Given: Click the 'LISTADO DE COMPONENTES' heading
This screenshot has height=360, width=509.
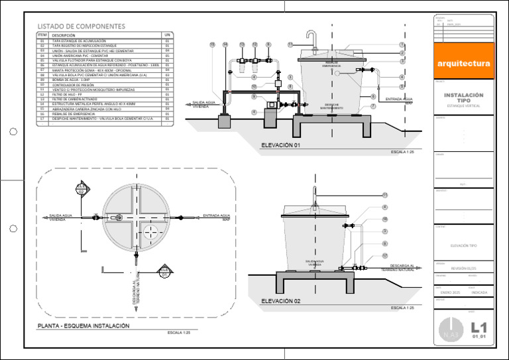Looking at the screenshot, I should pyautogui.click(x=80, y=27).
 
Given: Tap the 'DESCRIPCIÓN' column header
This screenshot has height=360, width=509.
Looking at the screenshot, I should pyautogui.click(x=64, y=35).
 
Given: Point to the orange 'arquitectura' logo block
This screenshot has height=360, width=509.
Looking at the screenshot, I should pyautogui.click(x=464, y=63).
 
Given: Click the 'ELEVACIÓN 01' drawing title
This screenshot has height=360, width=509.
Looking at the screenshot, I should pyautogui.click(x=281, y=145).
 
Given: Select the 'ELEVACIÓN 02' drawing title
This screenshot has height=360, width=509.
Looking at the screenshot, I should pyautogui.click(x=281, y=301).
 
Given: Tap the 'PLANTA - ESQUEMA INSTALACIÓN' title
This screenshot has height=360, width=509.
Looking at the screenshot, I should pyautogui.click(x=84, y=326).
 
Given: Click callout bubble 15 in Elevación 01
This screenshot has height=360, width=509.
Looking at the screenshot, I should pyautogui.click(x=212, y=44).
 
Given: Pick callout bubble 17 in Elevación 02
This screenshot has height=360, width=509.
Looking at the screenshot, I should pyautogui.click(x=384, y=256).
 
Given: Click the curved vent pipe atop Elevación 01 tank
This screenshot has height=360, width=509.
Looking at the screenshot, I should pyautogui.click(x=311, y=36).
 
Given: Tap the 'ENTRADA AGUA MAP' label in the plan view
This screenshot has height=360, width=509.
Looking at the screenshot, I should pyautogui.click(x=216, y=217).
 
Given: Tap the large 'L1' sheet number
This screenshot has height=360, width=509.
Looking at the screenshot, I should pyautogui.click(x=479, y=327).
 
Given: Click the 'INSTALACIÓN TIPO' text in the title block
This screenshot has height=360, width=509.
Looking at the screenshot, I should pyautogui.click(x=463, y=97).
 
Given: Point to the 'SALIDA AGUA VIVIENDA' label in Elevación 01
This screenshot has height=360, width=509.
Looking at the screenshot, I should pyautogui.click(x=205, y=104).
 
